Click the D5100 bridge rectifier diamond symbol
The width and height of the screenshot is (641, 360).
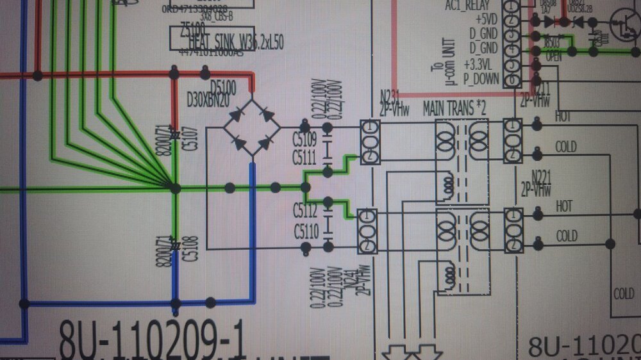[252, 127]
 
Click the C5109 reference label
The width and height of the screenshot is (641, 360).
[306, 140]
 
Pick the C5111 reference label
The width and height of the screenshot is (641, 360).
[306, 157]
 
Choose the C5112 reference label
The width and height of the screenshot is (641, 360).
[306, 210]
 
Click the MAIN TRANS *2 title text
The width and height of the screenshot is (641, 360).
[454, 108]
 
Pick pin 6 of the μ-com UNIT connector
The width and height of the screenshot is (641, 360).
[510, 80]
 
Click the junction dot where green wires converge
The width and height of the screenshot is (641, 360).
[175, 188]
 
